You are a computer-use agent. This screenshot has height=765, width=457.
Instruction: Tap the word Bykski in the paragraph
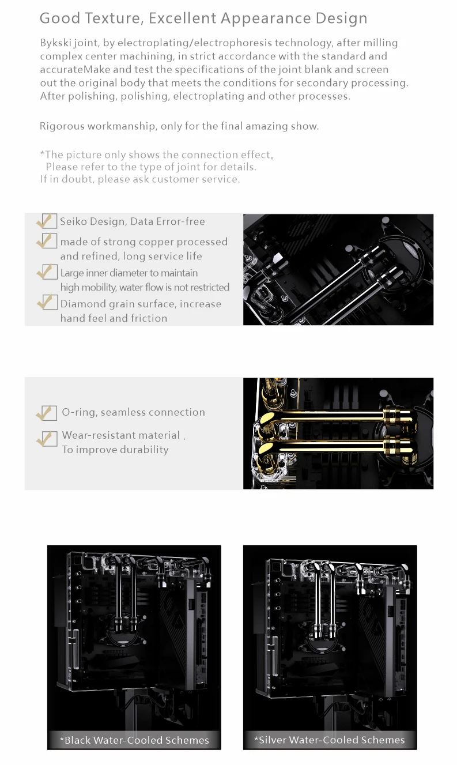click(55, 43)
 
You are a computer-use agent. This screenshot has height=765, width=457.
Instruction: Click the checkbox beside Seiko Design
click(49, 221)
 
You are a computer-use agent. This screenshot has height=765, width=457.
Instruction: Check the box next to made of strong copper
click(49, 241)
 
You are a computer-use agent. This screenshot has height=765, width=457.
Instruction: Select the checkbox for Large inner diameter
click(49, 272)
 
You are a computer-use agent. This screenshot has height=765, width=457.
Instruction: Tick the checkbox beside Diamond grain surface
click(50, 303)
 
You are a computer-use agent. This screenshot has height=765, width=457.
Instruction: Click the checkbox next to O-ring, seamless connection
click(49, 413)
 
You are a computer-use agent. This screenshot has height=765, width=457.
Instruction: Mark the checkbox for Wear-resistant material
click(49, 439)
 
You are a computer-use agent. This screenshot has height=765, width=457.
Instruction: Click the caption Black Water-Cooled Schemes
click(134, 740)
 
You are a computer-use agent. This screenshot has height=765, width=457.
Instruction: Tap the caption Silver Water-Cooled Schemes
click(330, 740)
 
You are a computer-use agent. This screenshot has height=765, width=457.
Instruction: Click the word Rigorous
click(62, 126)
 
